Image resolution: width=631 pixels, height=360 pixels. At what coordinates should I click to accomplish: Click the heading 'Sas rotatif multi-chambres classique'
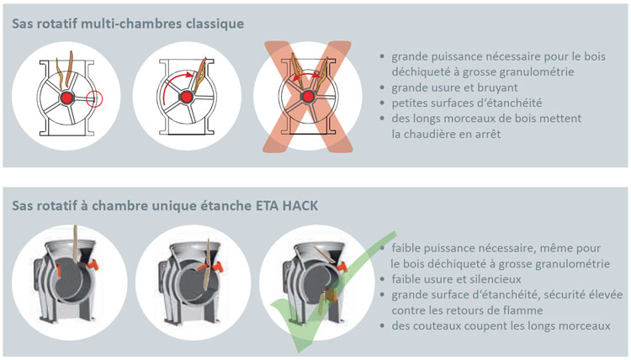click(x=128, y=24)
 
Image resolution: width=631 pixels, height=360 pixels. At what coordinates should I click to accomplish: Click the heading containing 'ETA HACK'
click(x=165, y=205)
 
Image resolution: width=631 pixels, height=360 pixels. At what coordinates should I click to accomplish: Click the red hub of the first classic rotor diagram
click(x=66, y=98)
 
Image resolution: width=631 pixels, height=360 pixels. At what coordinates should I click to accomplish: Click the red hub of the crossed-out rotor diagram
click(x=308, y=97)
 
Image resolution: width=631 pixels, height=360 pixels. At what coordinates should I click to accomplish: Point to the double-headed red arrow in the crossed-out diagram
click(x=306, y=76)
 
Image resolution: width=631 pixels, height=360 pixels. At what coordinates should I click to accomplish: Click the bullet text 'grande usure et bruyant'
click(x=454, y=87)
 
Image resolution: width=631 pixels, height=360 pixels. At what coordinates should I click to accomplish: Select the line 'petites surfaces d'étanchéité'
click(x=467, y=103)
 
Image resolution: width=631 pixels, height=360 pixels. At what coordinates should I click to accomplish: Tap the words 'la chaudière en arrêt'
click(x=446, y=134)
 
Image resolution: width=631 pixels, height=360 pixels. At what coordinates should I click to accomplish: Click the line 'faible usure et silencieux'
click(x=456, y=279)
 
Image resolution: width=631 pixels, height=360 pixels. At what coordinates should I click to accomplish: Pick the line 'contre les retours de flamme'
click(x=467, y=310)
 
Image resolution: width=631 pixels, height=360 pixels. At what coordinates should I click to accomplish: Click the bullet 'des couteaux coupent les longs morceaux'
click(x=501, y=326)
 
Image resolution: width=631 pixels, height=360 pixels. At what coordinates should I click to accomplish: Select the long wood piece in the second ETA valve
click(x=207, y=267)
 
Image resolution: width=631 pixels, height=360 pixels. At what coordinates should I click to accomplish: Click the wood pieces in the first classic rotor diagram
click(x=65, y=70)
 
